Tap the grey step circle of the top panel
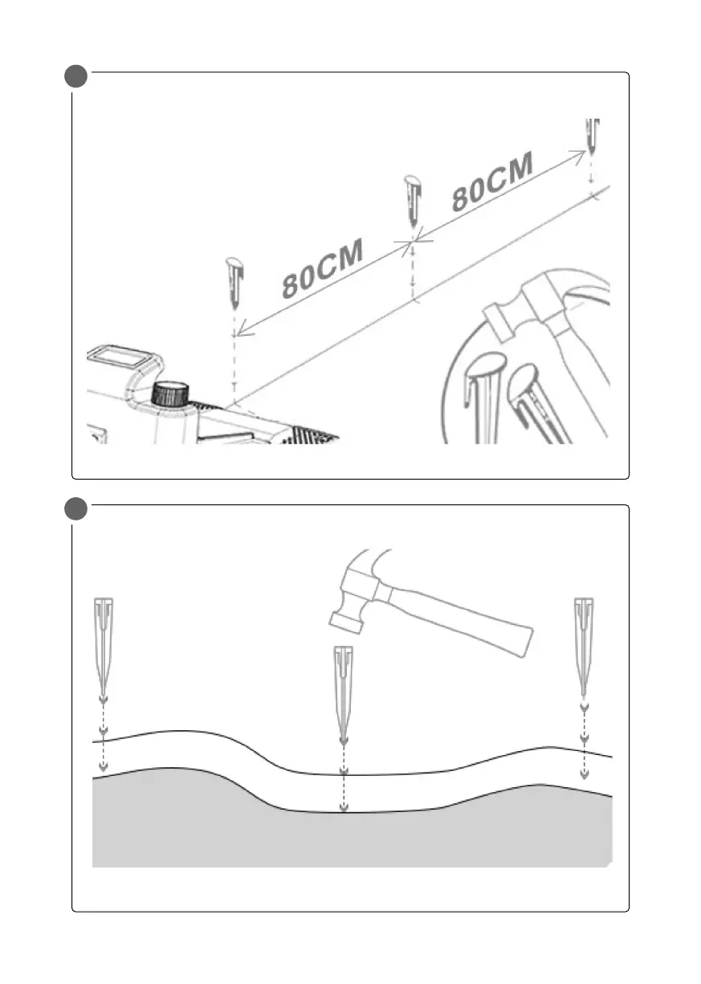[77, 78]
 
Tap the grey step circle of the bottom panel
[77, 510]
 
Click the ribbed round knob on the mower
[170, 394]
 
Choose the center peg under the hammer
[344, 691]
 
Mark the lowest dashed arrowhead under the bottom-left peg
[103, 766]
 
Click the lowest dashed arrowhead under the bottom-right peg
[584, 774]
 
